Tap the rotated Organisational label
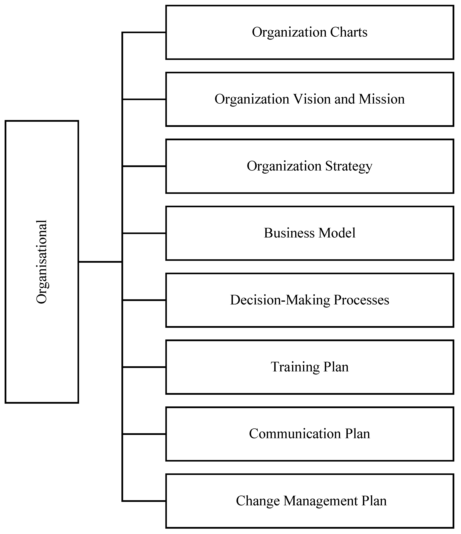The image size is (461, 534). (42, 262)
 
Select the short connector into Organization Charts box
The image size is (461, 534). (144, 32)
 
